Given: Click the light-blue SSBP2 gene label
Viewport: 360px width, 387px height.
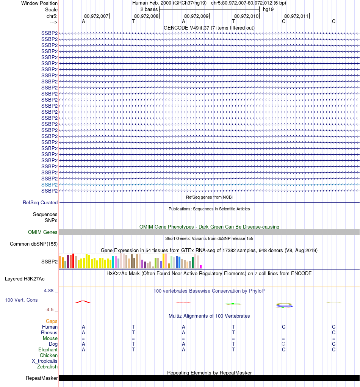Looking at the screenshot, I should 49,185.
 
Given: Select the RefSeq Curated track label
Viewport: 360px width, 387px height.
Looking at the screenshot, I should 40,203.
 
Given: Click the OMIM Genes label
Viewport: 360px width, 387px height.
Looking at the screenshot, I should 43,232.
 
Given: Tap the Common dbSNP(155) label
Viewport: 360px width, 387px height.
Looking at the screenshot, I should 34,244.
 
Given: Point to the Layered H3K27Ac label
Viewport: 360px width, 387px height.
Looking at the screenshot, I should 25,279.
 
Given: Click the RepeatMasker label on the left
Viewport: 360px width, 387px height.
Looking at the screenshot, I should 42,378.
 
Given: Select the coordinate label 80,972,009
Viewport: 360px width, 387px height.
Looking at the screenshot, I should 196,16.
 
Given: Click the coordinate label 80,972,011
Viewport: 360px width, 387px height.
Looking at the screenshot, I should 296,16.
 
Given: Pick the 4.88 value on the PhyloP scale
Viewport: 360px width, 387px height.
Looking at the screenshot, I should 50,291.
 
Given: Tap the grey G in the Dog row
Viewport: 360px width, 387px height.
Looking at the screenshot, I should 283,344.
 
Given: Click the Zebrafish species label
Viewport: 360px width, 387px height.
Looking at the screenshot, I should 47,367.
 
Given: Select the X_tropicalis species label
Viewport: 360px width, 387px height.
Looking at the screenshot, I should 45,361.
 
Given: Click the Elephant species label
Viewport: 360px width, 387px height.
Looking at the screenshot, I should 48,350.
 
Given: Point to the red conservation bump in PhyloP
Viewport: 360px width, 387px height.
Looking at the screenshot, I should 83,302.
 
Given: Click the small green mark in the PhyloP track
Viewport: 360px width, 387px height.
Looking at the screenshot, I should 233,304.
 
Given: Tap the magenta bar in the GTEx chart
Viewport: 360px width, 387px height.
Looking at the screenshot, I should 201,266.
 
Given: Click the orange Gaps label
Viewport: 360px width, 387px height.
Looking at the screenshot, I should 52,321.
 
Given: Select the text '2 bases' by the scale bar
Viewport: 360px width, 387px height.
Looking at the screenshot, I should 149,9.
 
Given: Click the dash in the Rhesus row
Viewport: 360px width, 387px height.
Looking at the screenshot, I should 283,333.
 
